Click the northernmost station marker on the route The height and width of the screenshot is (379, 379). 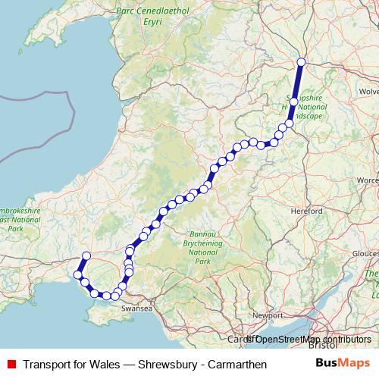301,62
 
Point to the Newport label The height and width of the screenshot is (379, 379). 267,314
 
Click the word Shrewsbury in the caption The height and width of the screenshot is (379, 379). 167,364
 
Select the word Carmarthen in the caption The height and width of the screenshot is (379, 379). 235,364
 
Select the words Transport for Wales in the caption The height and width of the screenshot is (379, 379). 72,364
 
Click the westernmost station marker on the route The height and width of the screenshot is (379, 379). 77,274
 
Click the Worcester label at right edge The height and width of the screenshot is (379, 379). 368,180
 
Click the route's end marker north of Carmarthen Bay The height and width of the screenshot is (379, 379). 86,255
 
